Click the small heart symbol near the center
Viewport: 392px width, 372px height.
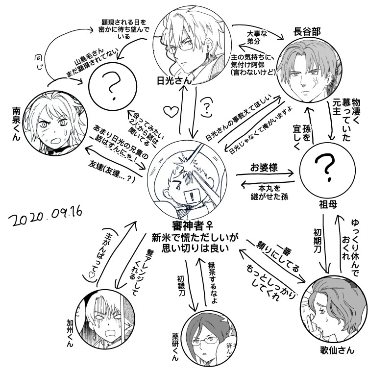170,111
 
